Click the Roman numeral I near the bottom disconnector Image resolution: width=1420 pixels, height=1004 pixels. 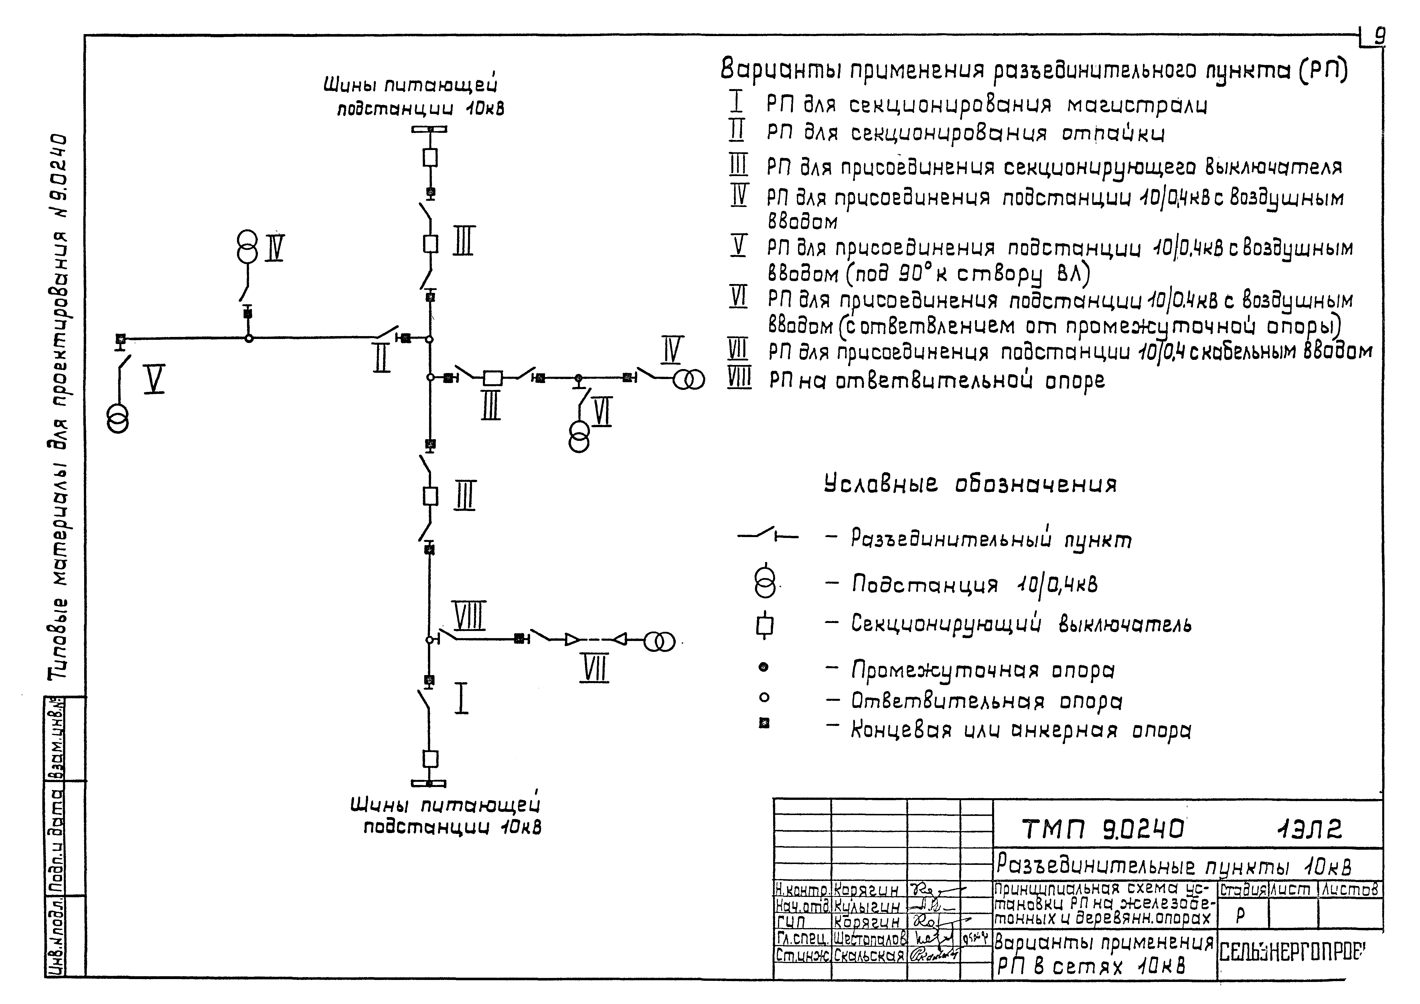[461, 699]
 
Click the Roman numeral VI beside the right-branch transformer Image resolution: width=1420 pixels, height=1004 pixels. [602, 412]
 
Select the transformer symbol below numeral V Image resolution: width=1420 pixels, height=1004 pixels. [118, 418]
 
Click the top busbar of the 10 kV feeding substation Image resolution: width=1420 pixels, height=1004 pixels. [430, 129]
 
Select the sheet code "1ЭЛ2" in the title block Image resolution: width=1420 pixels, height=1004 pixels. [1310, 829]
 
